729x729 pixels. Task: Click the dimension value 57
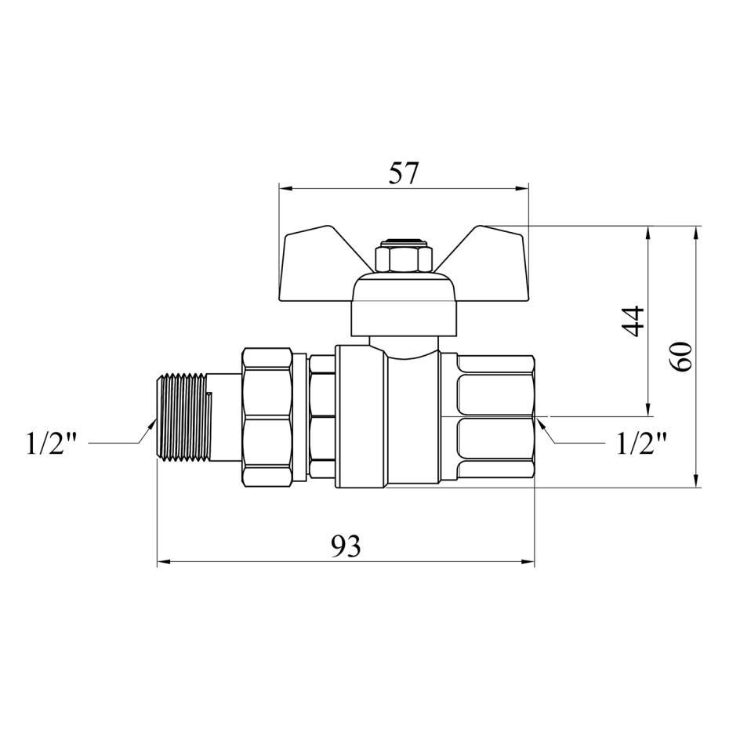point(404,173)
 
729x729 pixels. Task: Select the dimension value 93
point(346,546)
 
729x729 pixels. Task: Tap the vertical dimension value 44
point(633,321)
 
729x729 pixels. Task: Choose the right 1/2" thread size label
point(641,444)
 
